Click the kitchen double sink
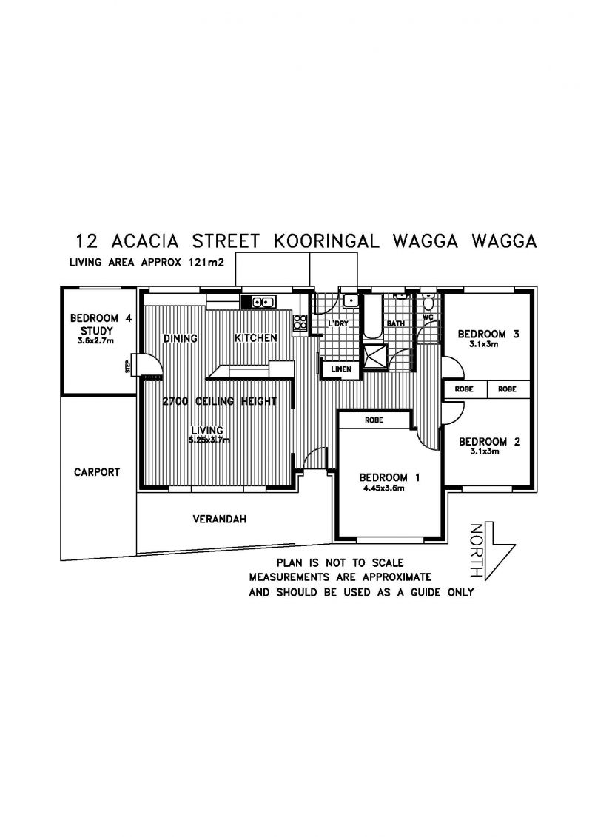click(258, 302)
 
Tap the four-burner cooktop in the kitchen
click(300, 323)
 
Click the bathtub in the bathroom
click(372, 316)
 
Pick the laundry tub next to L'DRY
click(351, 300)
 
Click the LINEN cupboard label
click(341, 369)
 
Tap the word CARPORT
click(97, 472)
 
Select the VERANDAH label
click(219, 519)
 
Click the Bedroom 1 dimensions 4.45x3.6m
click(383, 488)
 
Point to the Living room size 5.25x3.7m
click(209, 440)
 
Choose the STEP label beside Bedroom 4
click(127, 367)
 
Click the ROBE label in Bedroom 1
click(374, 420)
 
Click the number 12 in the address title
click(87, 241)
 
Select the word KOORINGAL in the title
click(326, 241)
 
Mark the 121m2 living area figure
click(204, 263)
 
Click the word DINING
click(180, 338)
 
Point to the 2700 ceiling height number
click(175, 401)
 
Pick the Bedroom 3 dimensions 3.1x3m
click(484, 344)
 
